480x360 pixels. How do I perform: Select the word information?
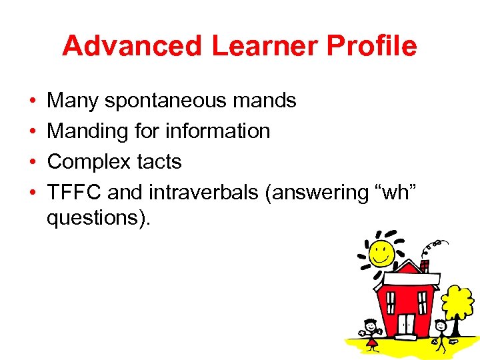click(x=218, y=131)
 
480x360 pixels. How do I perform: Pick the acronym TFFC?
click(x=74, y=193)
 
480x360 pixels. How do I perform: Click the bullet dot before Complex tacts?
click(x=33, y=162)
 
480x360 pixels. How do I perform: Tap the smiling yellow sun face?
click(x=381, y=253)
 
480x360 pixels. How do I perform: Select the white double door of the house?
click(x=405, y=325)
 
